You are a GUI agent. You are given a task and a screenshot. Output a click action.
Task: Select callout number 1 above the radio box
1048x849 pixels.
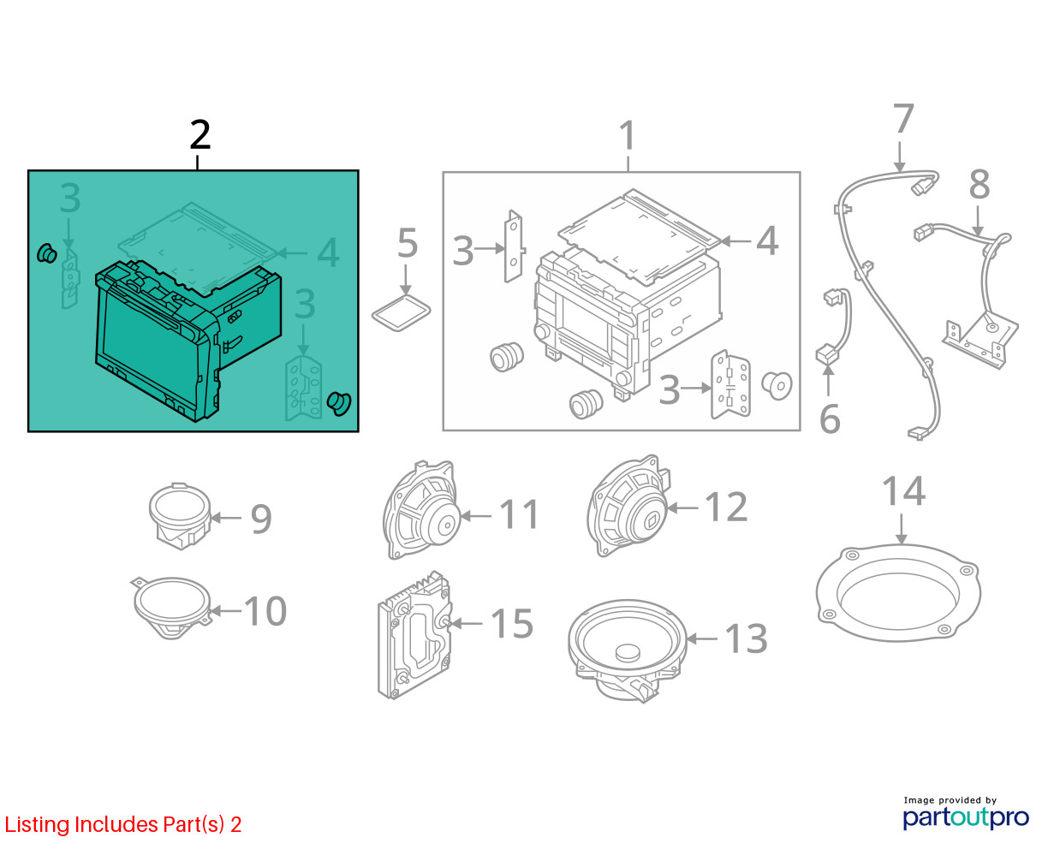click(x=628, y=135)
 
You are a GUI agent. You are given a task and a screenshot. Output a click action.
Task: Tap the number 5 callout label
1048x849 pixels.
click(x=408, y=243)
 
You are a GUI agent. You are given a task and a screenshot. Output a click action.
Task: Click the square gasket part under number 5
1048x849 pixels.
click(x=401, y=313)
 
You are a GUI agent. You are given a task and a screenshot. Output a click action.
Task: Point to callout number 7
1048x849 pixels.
click(x=904, y=119)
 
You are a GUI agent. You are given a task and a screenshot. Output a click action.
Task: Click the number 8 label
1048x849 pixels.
click(x=980, y=185)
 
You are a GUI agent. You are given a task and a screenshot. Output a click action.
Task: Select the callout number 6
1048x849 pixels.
click(x=830, y=419)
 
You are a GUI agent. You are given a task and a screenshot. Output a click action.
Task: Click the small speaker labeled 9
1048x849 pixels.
click(x=180, y=515)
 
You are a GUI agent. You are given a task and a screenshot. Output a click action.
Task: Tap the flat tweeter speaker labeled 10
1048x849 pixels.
click(x=172, y=608)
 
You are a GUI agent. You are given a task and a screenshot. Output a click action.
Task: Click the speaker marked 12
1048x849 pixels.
click(x=628, y=506)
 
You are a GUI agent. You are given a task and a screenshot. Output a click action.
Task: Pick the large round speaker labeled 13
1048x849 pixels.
click(x=628, y=650)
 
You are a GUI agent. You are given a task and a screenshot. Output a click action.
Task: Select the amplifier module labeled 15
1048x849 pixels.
click(x=414, y=635)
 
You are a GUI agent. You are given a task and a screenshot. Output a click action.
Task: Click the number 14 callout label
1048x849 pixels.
click(x=904, y=491)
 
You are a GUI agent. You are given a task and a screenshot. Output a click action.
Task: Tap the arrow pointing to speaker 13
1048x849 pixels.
click(x=701, y=639)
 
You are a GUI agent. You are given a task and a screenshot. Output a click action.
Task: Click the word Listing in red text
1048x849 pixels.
click(x=37, y=825)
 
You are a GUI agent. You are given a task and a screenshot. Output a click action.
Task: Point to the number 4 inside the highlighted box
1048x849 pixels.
click(x=328, y=252)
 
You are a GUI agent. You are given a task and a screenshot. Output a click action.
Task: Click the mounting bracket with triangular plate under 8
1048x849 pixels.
click(x=980, y=340)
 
